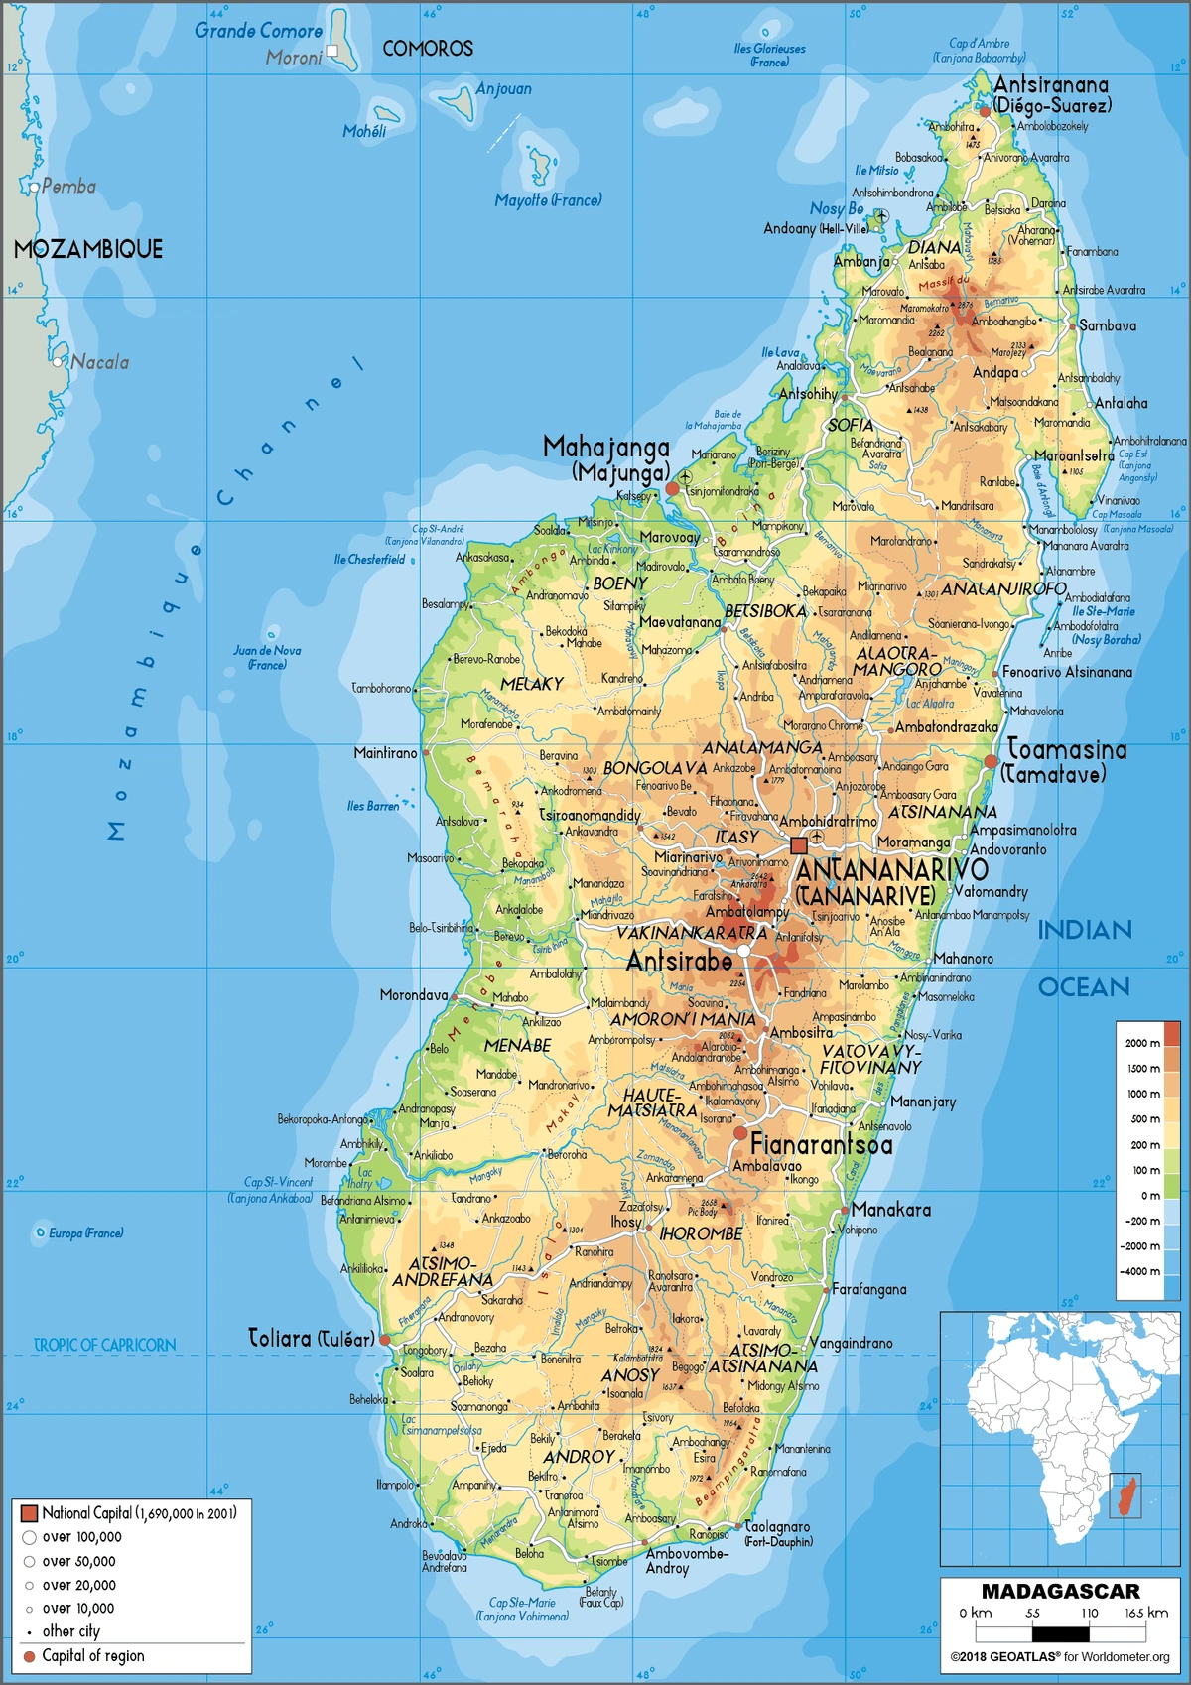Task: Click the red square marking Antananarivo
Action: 799,845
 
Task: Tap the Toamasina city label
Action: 1066,750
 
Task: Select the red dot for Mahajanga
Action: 672,489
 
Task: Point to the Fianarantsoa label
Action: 821,1145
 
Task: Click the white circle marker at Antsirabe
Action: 743,951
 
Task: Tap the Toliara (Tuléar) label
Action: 311,1339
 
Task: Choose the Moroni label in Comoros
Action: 293,58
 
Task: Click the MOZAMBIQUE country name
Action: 87,249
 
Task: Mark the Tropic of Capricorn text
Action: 104,1345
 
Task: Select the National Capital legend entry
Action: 129,1513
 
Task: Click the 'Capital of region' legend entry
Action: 91,1655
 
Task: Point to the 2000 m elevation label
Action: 1142,1042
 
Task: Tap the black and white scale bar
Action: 1060,1632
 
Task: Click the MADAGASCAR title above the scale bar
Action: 1060,1591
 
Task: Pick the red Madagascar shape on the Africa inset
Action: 1125,1496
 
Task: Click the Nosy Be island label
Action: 837,209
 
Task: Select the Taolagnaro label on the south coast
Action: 776,1527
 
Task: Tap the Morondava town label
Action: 413,995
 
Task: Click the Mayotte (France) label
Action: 548,200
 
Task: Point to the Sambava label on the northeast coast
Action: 1108,325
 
